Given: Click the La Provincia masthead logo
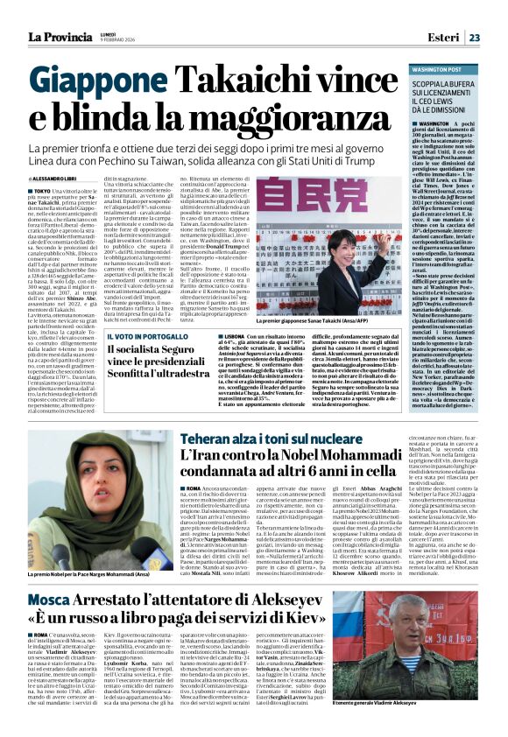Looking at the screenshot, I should point(60,37).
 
